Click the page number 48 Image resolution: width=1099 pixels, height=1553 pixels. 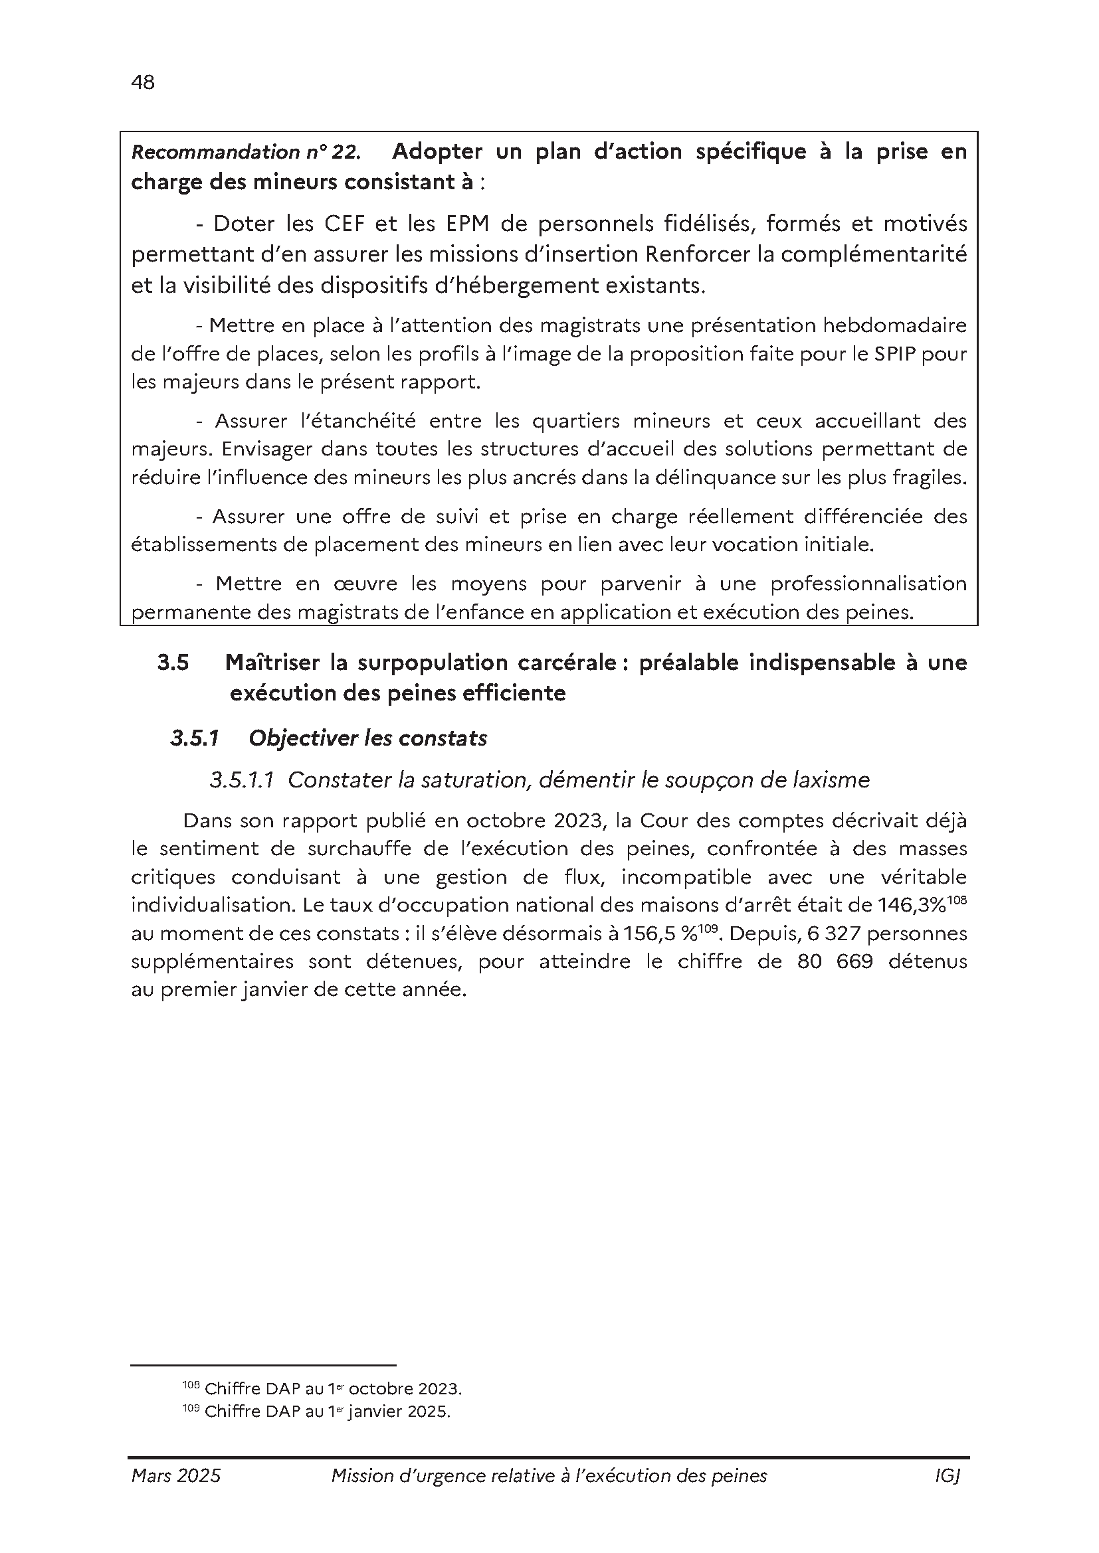coord(143,82)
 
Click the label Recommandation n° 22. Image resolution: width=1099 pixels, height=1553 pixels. coord(245,152)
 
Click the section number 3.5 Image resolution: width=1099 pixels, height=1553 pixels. coord(173,663)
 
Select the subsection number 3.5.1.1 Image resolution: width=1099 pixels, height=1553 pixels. coord(242,781)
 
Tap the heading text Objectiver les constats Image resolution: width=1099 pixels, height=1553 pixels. coord(367,738)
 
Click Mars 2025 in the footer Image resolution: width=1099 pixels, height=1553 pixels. coord(176,1476)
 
